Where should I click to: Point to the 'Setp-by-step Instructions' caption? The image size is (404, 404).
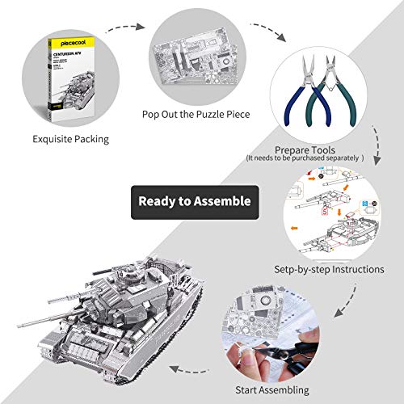coord(327,269)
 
